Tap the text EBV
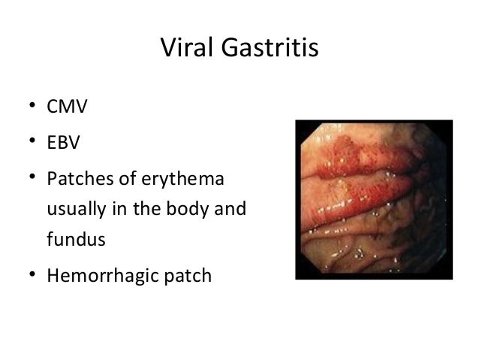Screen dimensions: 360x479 coord(64,143)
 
